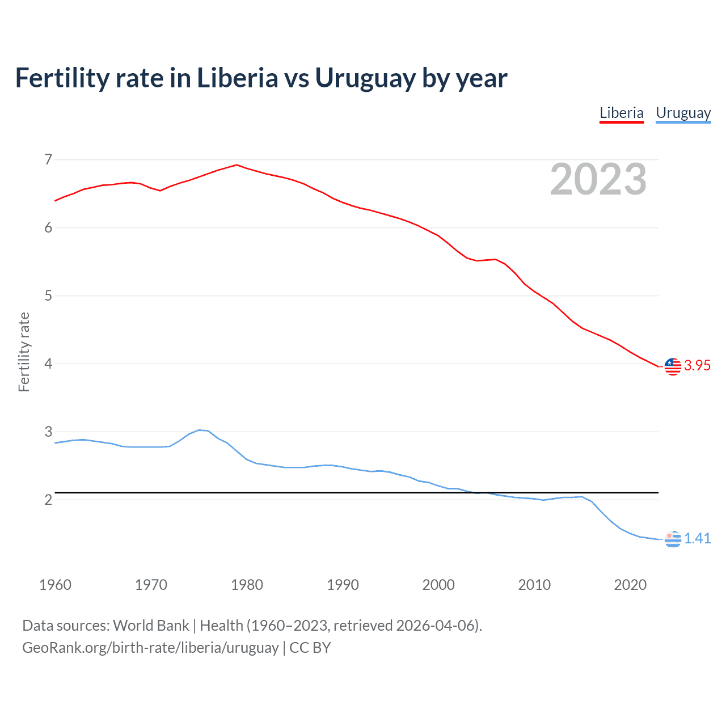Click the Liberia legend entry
tap(622, 113)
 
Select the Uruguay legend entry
tap(683, 113)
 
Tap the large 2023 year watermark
tap(598, 179)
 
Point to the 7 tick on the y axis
tap(48, 159)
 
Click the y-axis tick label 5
tap(48, 296)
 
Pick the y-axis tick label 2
tap(48, 500)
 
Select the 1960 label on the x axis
tap(55, 585)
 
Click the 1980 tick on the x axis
tap(247, 585)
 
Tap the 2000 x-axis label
tap(438, 585)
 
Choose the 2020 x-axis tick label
tap(630, 585)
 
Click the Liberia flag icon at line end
tap(673, 366)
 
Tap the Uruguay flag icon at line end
tap(673, 539)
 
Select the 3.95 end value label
tap(697, 366)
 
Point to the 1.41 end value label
tap(697, 538)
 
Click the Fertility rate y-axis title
tap(24, 352)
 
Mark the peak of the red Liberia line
tap(237, 165)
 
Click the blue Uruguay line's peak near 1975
tap(199, 430)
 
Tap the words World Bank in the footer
tap(151, 626)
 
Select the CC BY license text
tap(310, 648)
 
